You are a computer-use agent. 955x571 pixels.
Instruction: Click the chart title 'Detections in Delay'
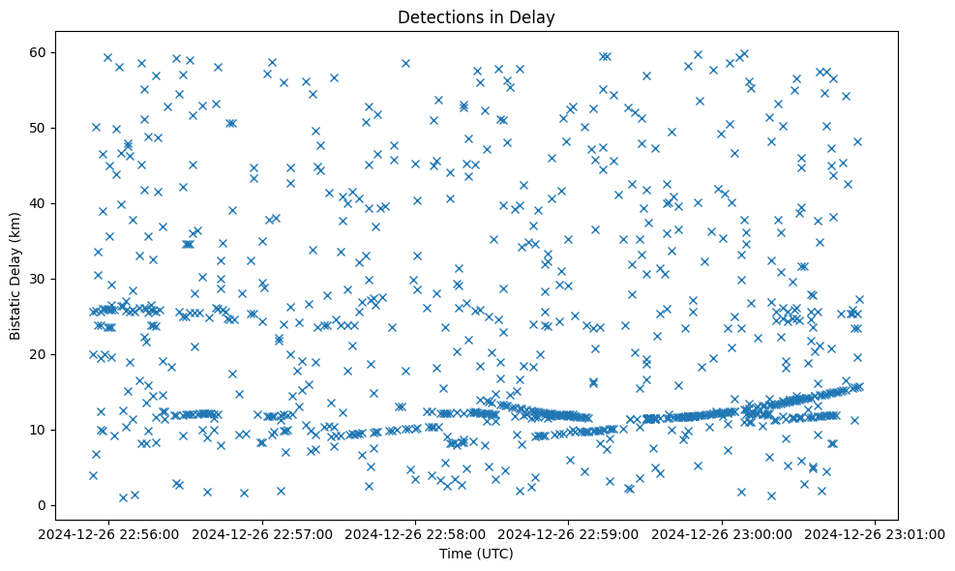(x=475, y=16)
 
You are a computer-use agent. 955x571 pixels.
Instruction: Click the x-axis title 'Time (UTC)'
(x=475, y=555)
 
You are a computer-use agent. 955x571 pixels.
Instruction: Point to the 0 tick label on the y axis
(x=42, y=505)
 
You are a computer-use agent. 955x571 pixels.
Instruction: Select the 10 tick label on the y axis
(x=38, y=430)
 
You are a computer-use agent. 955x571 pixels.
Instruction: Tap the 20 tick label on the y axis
(x=38, y=354)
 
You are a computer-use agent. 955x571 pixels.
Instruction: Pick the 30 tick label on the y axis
(x=38, y=279)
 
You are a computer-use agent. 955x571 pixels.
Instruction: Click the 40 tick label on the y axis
(x=38, y=203)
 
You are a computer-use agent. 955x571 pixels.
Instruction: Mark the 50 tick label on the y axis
(x=38, y=128)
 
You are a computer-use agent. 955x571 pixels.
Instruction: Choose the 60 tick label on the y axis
(x=38, y=52)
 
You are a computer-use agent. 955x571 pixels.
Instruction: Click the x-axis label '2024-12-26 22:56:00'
(x=109, y=533)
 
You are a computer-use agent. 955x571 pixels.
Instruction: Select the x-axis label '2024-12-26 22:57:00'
(x=262, y=533)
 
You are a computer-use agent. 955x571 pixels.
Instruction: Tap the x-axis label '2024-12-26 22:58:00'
(x=416, y=533)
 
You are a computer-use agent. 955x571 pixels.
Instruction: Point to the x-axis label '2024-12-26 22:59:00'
(x=569, y=533)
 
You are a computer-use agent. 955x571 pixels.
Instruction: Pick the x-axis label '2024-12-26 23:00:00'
(x=723, y=533)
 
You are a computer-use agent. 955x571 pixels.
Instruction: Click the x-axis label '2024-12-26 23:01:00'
(x=876, y=533)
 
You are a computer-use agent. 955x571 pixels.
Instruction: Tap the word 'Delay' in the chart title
(x=534, y=16)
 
